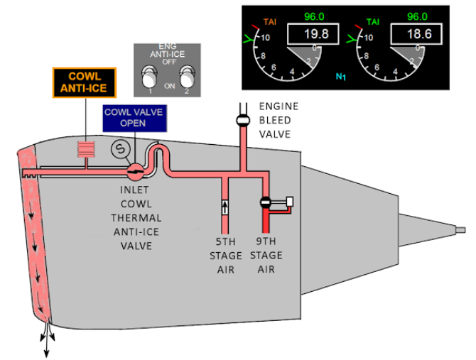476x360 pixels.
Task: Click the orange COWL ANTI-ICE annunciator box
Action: click(85, 82)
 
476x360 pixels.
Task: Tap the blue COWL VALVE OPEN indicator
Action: click(134, 118)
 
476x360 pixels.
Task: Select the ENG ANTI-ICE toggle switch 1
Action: click(149, 77)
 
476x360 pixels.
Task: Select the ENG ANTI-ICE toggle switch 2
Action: click(188, 77)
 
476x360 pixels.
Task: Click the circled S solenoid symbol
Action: click(121, 149)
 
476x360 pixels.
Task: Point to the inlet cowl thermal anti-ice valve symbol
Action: click(135, 172)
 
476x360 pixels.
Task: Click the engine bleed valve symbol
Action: click(243, 121)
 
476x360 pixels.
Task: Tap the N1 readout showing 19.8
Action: click(313, 33)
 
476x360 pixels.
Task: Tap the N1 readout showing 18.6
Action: click(416, 33)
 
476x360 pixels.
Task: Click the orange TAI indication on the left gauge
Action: click(270, 22)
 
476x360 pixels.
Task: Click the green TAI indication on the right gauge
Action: click(373, 22)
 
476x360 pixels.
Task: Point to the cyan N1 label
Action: click(341, 77)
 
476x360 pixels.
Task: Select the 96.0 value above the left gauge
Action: click(314, 16)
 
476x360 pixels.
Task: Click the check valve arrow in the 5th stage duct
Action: click(225, 207)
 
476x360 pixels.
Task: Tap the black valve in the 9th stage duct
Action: click(265, 202)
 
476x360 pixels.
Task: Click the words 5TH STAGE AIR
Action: click(225, 256)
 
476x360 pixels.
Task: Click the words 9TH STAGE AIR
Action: click(266, 255)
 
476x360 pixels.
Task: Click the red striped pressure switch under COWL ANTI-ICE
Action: click(86, 149)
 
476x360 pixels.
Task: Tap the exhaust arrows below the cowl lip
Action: click(47, 337)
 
